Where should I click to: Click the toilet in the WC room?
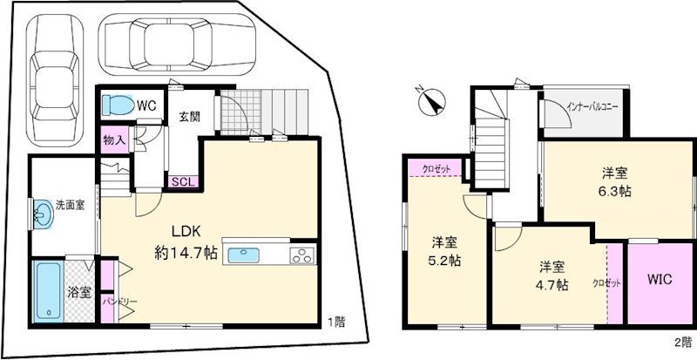point(115,105)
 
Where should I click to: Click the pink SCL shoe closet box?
point(185,181)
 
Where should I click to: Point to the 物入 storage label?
point(114,139)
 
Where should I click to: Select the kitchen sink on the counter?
point(244,255)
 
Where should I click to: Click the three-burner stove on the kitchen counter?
point(301,255)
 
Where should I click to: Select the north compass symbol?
point(429,103)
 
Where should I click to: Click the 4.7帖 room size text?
point(552,284)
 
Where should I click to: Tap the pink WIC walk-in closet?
point(657,281)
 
